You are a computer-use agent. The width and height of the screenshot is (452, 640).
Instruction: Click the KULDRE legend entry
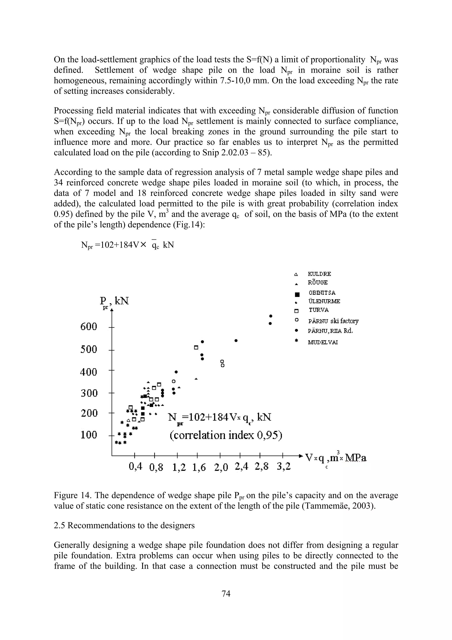(x=319, y=274)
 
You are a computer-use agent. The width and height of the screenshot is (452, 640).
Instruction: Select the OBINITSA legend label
(x=322, y=293)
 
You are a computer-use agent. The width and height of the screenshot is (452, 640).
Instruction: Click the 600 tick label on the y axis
(x=89, y=327)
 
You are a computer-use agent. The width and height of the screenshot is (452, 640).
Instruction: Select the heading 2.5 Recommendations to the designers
(x=124, y=525)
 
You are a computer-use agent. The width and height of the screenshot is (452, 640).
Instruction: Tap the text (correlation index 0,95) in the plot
(x=226, y=435)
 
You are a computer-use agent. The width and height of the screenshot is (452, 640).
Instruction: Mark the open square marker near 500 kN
(x=196, y=347)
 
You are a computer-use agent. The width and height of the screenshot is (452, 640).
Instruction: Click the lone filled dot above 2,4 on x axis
(x=236, y=340)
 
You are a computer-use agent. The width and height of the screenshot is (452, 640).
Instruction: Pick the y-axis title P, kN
(x=114, y=301)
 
